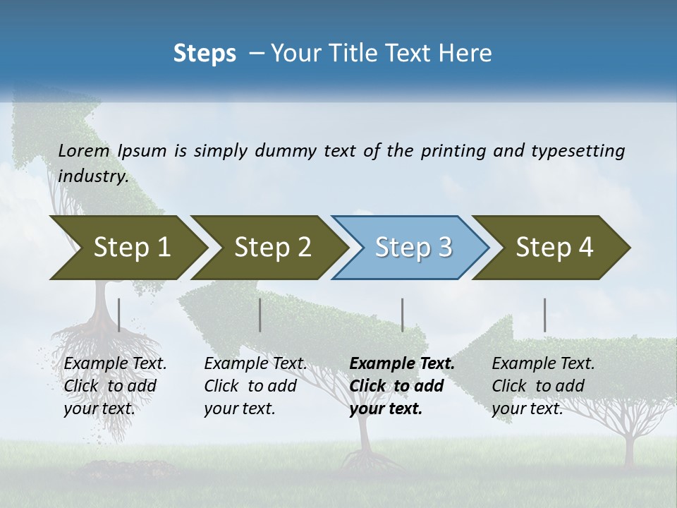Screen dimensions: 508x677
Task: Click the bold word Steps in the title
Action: pos(205,54)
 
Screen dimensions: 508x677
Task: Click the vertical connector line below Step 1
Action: pos(119,315)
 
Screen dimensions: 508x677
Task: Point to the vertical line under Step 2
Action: pos(260,315)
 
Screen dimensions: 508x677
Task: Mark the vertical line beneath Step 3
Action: pos(402,315)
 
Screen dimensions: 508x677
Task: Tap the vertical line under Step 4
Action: pos(544,315)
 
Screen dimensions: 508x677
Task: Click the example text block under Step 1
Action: pos(115,386)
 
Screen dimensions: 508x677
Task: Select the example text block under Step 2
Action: pos(255,386)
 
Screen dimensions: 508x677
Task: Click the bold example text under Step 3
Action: pos(402,386)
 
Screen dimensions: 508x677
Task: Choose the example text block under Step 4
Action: pos(543,386)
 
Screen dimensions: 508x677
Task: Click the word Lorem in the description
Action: pos(84,150)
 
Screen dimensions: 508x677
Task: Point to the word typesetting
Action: pos(578,150)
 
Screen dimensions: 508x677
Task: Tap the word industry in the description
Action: pos(93,176)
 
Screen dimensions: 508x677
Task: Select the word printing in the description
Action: pos(453,150)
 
